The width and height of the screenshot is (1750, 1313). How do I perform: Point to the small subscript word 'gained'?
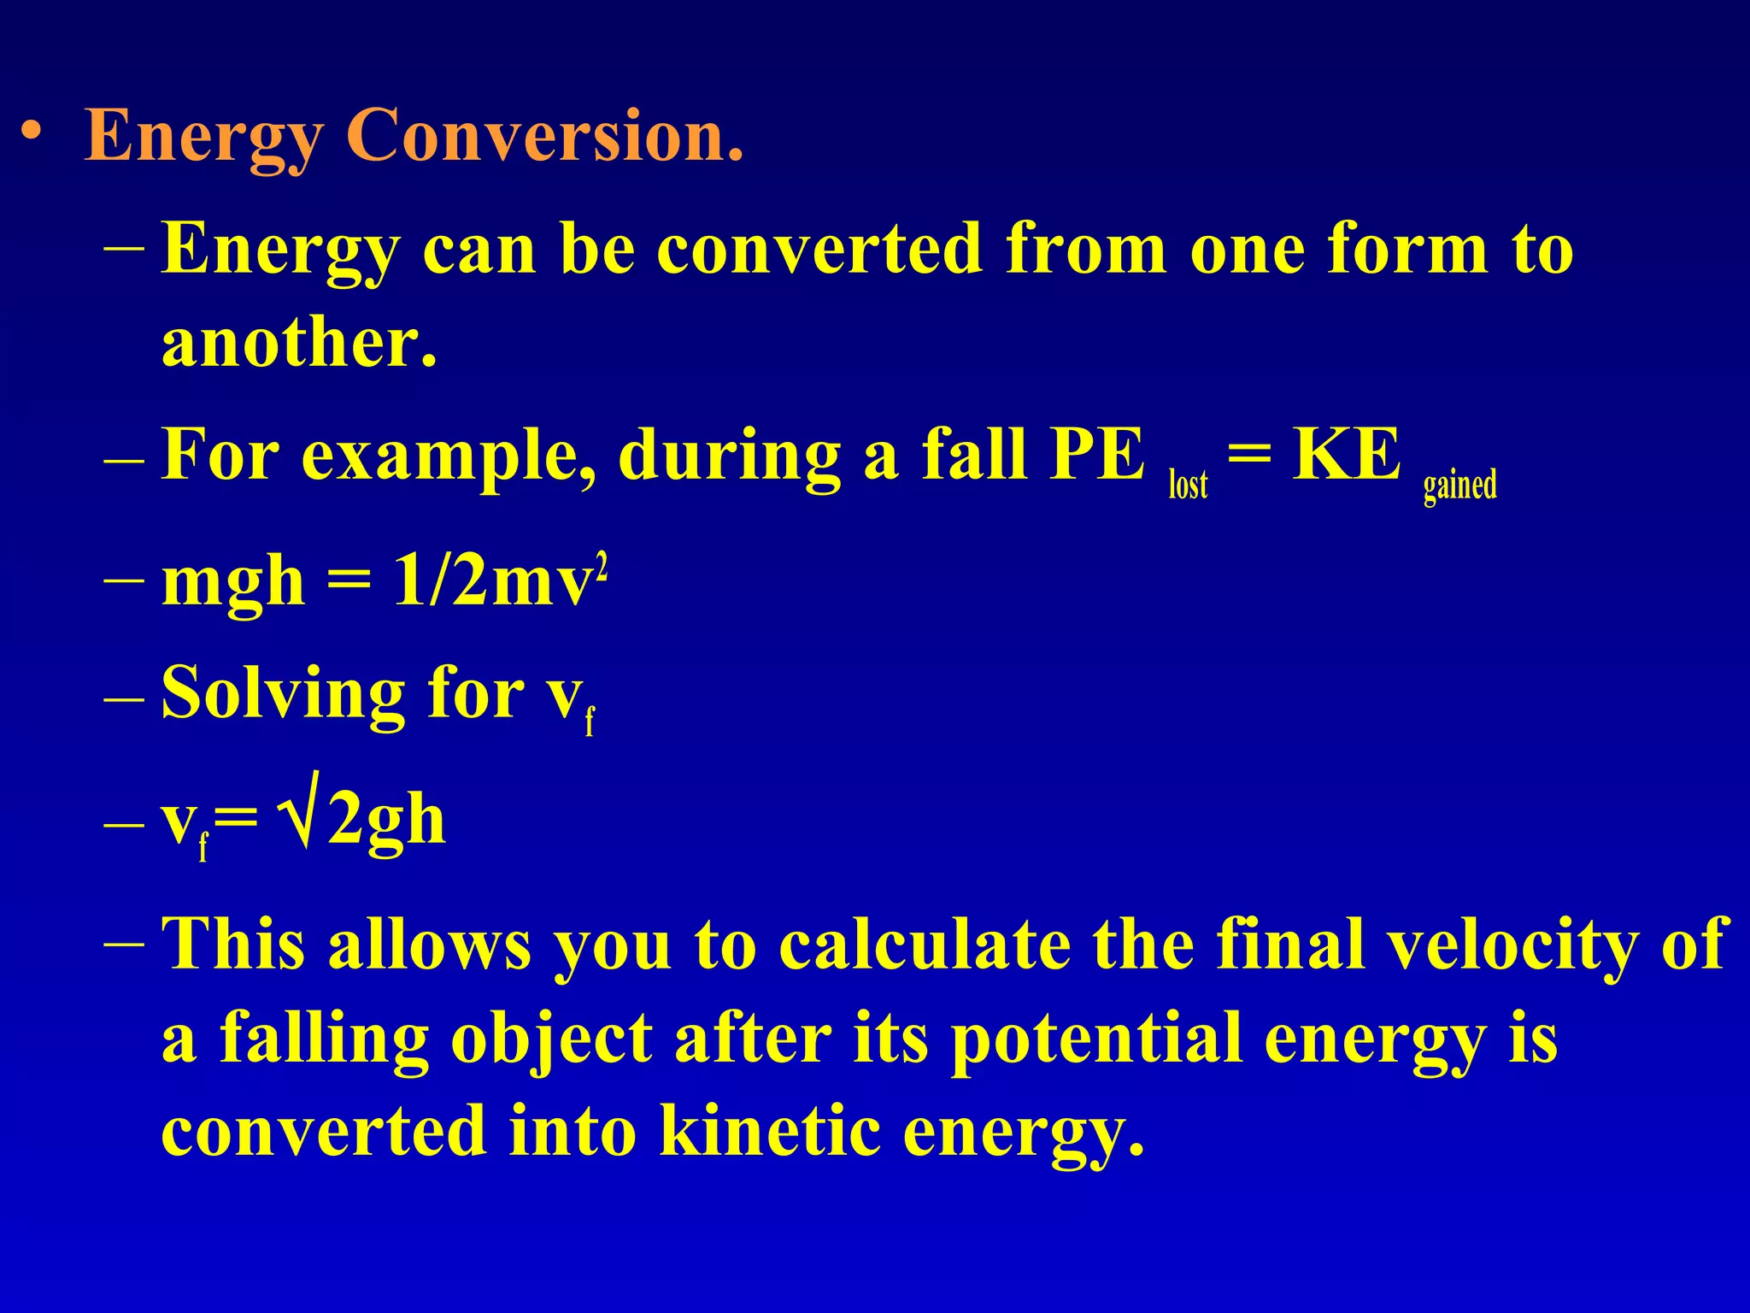(x=1459, y=486)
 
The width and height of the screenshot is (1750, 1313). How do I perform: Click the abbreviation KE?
(x=1347, y=454)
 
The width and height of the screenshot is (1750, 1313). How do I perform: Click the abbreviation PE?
(x=1097, y=454)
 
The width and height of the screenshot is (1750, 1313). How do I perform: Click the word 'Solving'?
(x=282, y=694)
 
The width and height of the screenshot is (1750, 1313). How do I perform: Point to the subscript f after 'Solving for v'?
(x=590, y=721)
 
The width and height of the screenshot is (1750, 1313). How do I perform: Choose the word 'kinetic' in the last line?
(x=770, y=1130)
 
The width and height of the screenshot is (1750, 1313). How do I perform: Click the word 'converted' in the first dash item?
(x=819, y=249)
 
